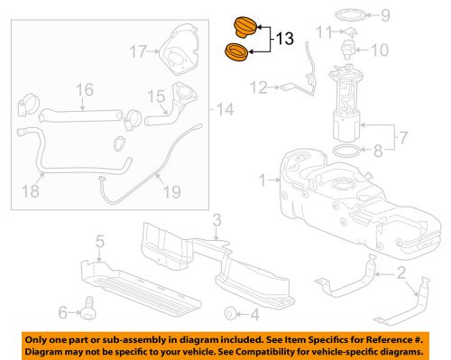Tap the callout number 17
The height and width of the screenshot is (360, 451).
(137, 51)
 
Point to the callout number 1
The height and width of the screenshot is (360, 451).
(262, 180)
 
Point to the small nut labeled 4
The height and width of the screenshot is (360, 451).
(231, 312)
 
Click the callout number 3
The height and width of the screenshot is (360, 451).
(216, 219)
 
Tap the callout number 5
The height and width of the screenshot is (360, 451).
(100, 240)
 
